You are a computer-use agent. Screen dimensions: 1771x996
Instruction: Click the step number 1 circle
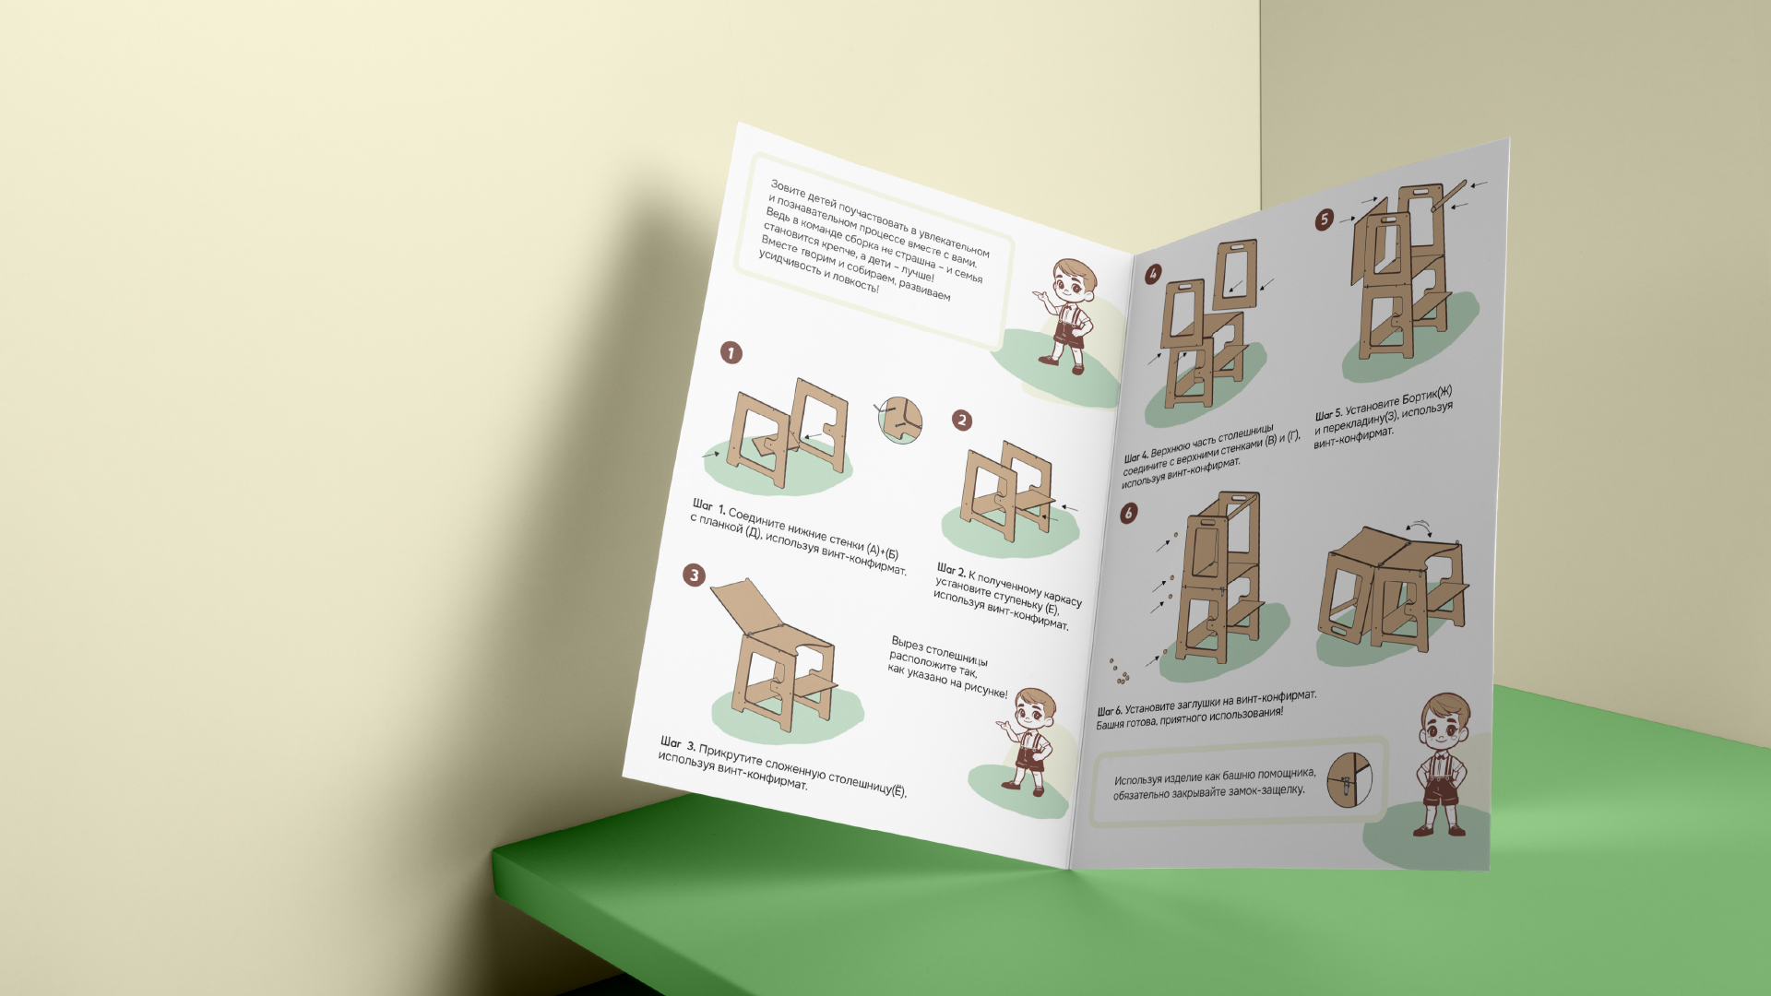tap(731, 353)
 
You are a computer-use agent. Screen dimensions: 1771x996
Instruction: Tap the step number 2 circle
tap(962, 421)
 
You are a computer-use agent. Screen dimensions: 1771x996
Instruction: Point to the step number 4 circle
tap(1153, 274)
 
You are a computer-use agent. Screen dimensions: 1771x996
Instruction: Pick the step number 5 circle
tap(1325, 219)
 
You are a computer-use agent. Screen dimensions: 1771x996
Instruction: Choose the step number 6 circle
tap(1129, 513)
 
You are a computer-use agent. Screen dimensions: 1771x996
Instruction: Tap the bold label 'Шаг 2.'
tap(951, 571)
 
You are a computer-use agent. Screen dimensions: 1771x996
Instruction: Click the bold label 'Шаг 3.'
tap(678, 743)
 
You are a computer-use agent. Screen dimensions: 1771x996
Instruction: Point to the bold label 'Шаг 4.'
tap(1136, 456)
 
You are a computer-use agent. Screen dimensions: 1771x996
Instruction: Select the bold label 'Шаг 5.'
tap(1329, 414)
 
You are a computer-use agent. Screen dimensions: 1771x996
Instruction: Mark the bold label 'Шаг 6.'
tap(1110, 711)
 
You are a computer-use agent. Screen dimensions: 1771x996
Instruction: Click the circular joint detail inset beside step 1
tap(900, 420)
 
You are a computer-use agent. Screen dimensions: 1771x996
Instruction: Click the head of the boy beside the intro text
tap(1075, 281)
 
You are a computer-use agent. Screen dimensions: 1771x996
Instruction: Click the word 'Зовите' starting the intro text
tap(788, 189)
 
